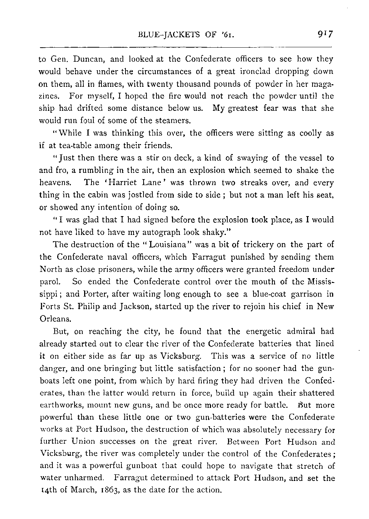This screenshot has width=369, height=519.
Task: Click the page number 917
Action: click(x=324, y=35)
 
